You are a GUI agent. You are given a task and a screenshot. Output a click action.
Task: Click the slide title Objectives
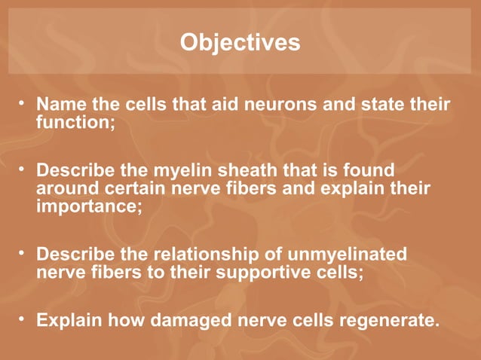click(x=240, y=42)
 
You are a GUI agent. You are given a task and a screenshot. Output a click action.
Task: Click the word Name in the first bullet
click(x=60, y=103)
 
